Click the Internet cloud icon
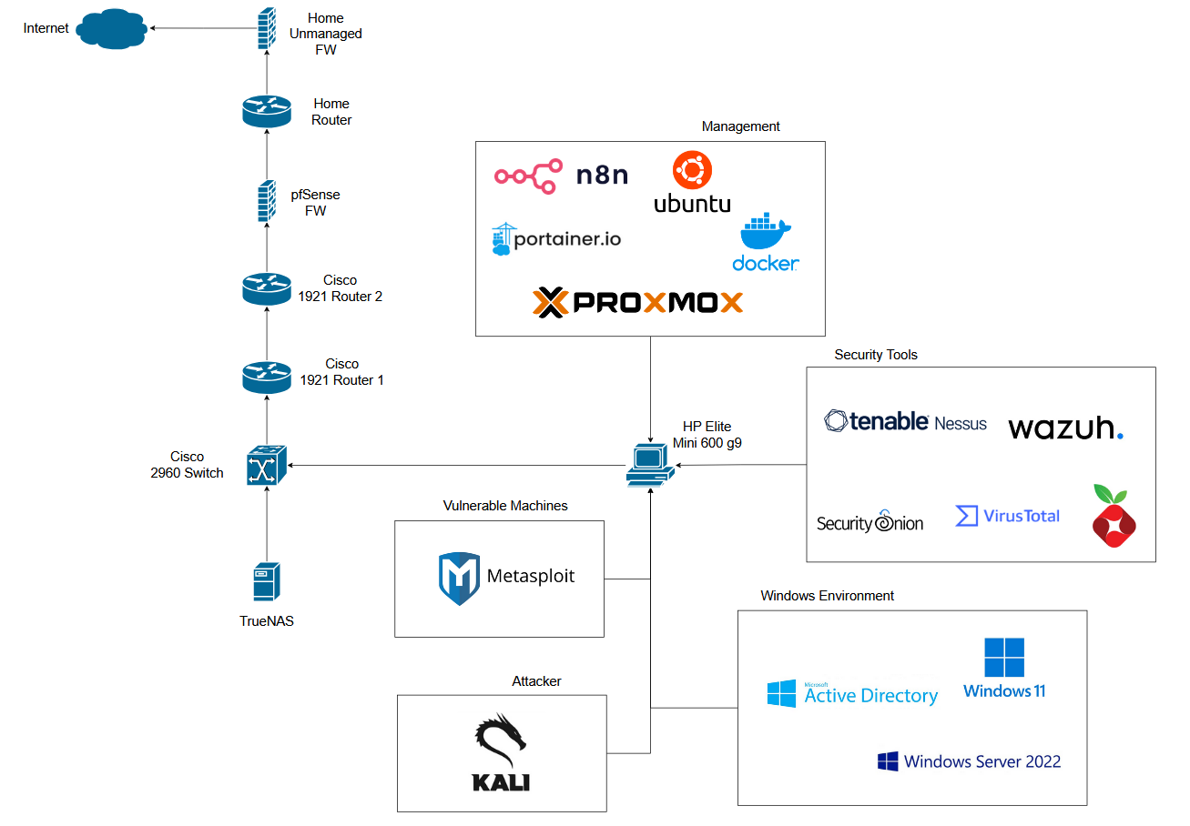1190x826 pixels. (112, 28)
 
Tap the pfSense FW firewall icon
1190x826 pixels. (266, 201)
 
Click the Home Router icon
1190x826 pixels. (266, 111)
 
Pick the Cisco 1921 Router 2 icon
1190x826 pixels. (266, 288)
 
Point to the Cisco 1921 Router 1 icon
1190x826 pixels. (266, 376)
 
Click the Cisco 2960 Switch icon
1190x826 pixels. (266, 465)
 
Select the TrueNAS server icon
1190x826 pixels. (266, 581)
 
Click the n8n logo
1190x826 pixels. (561, 176)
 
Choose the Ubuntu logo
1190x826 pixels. (692, 183)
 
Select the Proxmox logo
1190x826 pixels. (637, 302)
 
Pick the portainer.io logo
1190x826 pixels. (555, 239)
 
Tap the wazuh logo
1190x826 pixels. (1065, 428)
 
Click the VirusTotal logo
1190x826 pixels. (1007, 516)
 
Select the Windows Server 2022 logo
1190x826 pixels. (969, 761)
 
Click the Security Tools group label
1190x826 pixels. (876, 355)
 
